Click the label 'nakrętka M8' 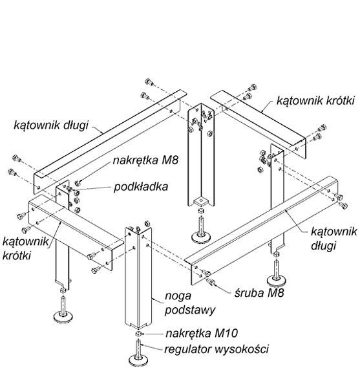pyautogui.click(x=145, y=160)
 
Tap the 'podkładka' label pyautogui.click(x=141, y=187)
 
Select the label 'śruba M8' pyautogui.click(x=259, y=293)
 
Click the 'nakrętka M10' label pyautogui.click(x=202, y=333)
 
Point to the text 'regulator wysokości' pyautogui.click(x=217, y=349)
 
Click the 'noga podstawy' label pyautogui.click(x=190, y=303)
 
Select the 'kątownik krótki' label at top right pyautogui.click(x=315, y=100)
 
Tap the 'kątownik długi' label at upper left pyautogui.click(x=51, y=125)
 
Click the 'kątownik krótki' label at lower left pyautogui.click(x=25, y=248)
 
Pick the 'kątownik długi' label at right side pyautogui.click(x=334, y=239)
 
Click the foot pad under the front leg pyautogui.click(x=138, y=360)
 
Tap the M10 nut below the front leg pyautogui.click(x=138, y=334)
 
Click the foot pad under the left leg pyautogui.click(x=63, y=316)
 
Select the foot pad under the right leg pyautogui.click(x=277, y=280)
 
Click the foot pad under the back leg pyautogui.click(x=201, y=237)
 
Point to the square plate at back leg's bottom pyautogui.click(x=201, y=202)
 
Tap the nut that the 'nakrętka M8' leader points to pyautogui.click(x=78, y=183)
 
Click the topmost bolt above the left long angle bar pyautogui.click(x=149, y=81)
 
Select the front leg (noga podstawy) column pyautogui.click(x=138, y=277)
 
